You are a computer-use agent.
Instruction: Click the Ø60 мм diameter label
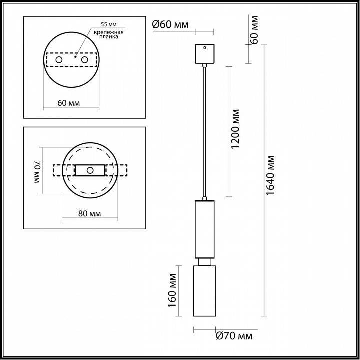point(170,24)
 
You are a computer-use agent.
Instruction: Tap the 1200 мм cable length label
point(236,129)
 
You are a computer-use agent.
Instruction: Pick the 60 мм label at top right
point(254,30)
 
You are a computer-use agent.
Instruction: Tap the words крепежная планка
point(108,34)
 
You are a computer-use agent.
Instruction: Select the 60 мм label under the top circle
point(69,103)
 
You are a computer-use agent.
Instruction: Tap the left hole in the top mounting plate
point(59,60)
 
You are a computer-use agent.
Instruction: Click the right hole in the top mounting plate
point(84,60)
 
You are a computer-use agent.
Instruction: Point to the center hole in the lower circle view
point(90,170)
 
